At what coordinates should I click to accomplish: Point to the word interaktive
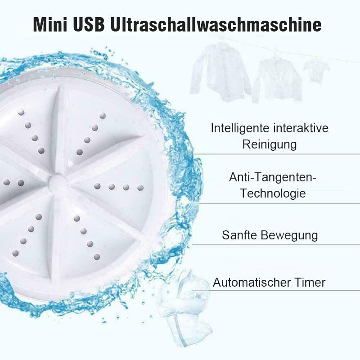[x=300, y=128]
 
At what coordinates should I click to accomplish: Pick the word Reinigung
[x=270, y=144]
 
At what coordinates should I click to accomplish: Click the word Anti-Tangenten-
[x=273, y=177]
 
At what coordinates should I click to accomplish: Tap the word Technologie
[x=273, y=193]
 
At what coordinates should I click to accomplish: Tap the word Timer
[x=310, y=283]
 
